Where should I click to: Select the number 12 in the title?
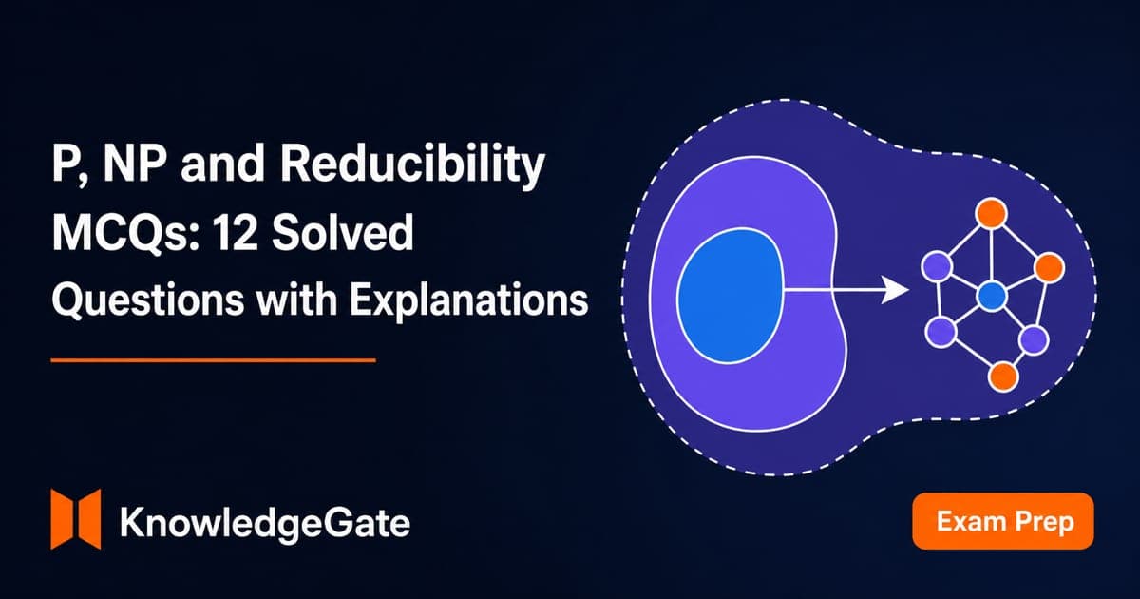coord(236,232)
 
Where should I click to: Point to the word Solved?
coord(343,232)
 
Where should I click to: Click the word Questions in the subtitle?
coord(148,300)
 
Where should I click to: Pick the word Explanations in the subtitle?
coord(468,300)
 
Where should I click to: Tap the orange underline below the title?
coord(213,360)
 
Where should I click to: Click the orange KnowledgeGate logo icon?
coord(76,519)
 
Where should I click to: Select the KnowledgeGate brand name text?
coord(265,523)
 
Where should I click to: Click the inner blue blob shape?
coord(730,296)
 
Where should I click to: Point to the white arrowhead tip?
coord(909,290)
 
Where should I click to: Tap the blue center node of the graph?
coord(992,297)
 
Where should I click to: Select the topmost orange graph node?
coord(992,214)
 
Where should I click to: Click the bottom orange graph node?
coord(1003,377)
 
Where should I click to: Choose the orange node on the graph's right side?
coord(1049,267)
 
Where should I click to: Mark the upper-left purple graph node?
coord(937,266)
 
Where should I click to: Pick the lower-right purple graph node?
coord(1034,339)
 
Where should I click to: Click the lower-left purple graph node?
coord(941,332)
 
